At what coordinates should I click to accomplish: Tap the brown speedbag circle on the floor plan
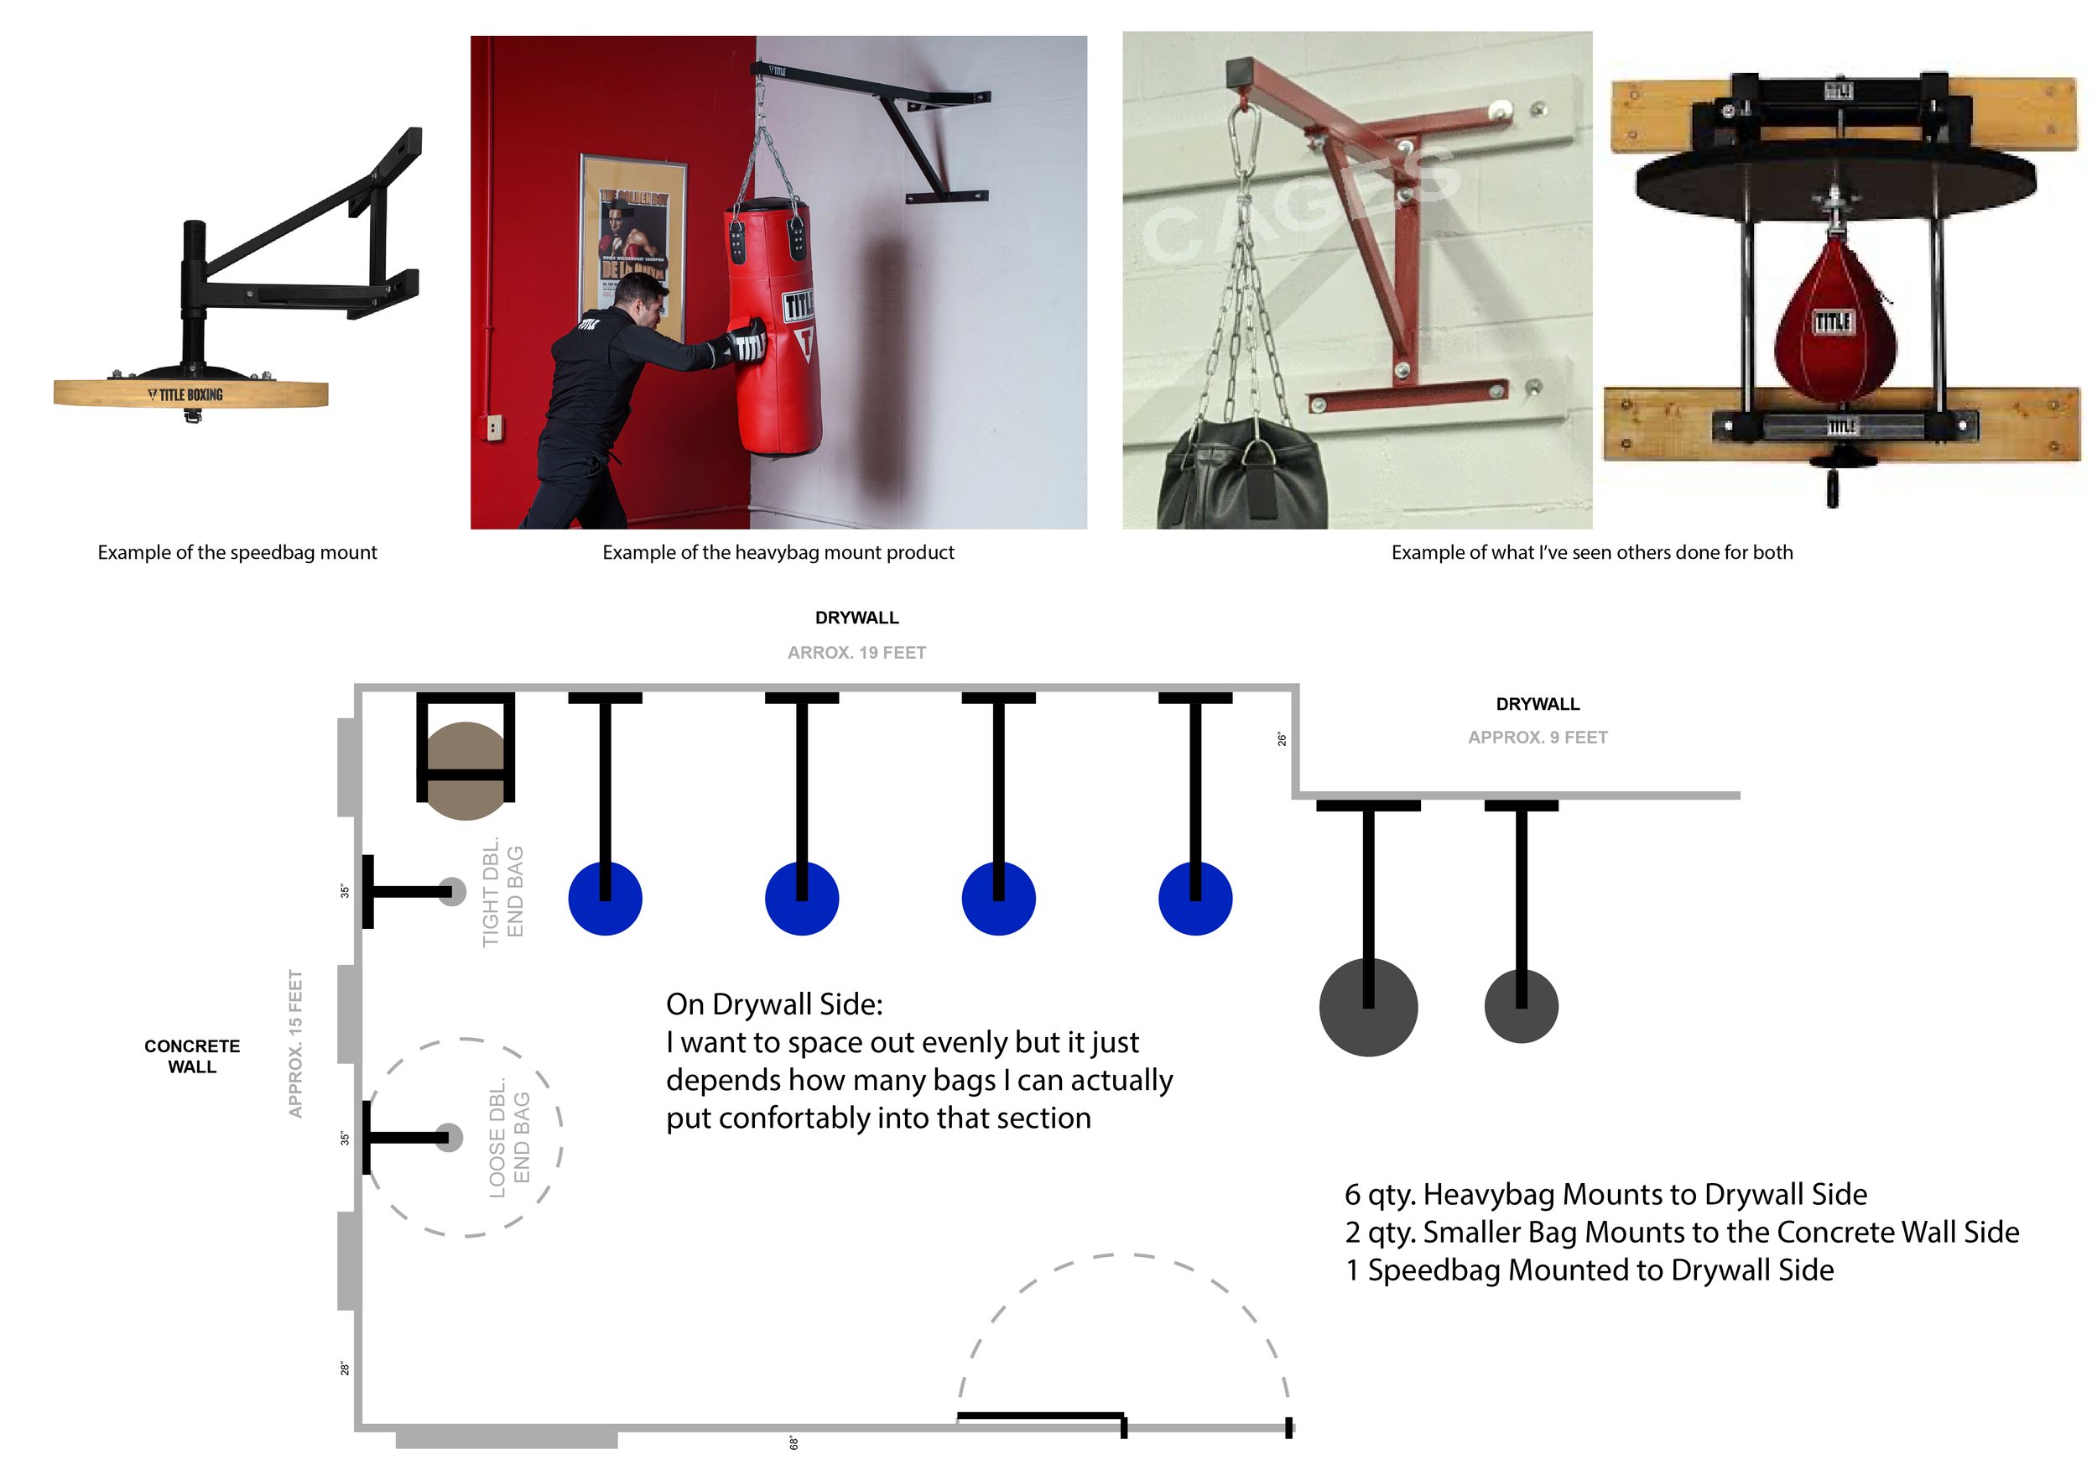tap(466, 770)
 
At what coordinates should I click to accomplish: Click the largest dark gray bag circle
tap(1367, 1008)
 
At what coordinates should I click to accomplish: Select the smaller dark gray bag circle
tap(1521, 1007)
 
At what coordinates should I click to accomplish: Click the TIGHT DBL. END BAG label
tap(502, 893)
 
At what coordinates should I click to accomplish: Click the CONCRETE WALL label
tap(192, 1056)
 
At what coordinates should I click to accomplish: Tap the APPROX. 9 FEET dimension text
tap(1538, 738)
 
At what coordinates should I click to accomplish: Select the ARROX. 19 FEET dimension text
tap(856, 652)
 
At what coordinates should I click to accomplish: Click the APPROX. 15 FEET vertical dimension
tap(295, 1043)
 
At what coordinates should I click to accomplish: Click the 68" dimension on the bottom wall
tap(794, 1442)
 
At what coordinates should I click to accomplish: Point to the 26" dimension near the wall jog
tap(1282, 739)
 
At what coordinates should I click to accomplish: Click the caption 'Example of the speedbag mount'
tap(237, 552)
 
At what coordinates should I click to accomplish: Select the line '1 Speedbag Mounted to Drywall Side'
tap(1590, 1270)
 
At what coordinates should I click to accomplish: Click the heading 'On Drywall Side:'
tap(774, 1004)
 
